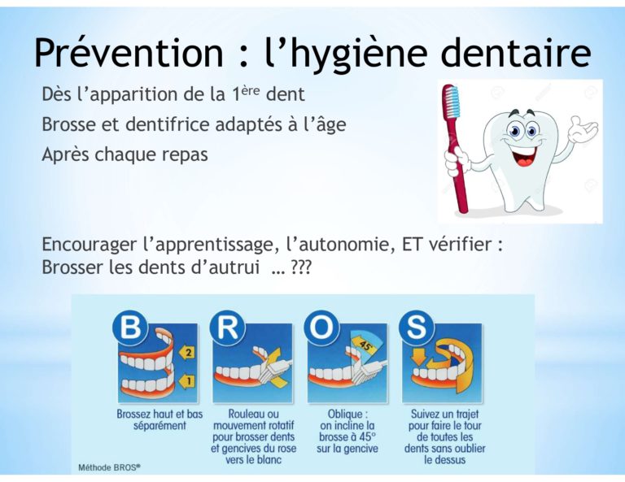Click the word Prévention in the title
click(129, 53)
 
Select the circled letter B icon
click(131, 327)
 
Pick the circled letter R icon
click(227, 328)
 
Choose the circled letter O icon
click(321, 328)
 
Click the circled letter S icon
click(416, 328)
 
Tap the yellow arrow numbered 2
click(186, 352)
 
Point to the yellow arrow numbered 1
click(186, 381)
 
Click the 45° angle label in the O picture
click(365, 344)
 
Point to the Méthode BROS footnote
click(109, 467)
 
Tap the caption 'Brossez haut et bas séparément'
click(160, 419)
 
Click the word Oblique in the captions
click(345, 414)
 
